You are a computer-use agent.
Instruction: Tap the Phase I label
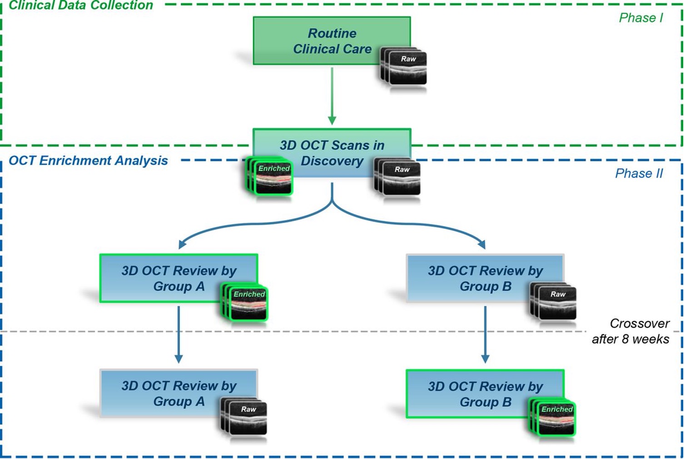pos(640,18)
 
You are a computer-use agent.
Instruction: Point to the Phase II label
pos(639,173)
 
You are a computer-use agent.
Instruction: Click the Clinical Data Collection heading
pos(81,5)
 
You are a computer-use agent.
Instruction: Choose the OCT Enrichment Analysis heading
pos(88,160)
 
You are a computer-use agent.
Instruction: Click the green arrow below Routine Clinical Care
pos(332,95)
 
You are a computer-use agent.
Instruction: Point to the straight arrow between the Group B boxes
pos(485,334)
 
